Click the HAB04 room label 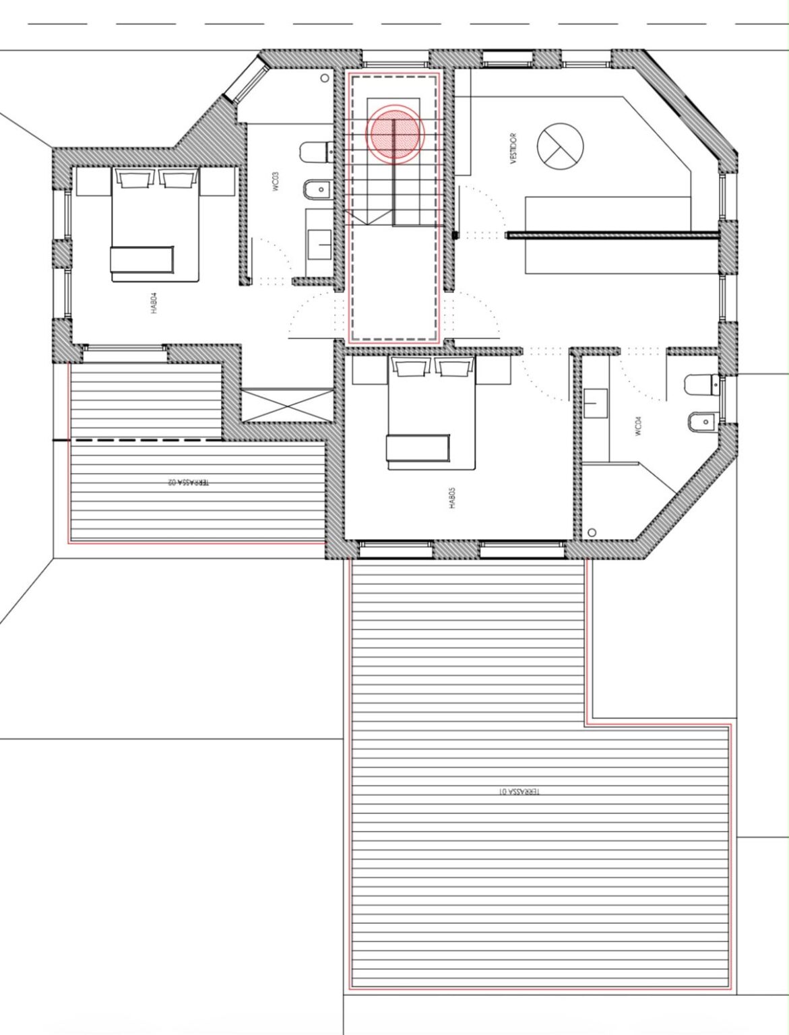click(154, 303)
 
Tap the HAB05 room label click(453, 499)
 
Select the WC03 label click(276, 181)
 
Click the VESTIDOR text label click(513, 148)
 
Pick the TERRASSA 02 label click(189, 482)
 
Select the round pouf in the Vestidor click(561, 146)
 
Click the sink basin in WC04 click(596, 403)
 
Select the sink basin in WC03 click(319, 245)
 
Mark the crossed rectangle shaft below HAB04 click(288, 405)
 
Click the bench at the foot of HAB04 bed click(142, 259)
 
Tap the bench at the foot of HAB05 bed click(418, 448)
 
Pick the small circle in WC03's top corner click(325, 78)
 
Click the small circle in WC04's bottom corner click(592, 532)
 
